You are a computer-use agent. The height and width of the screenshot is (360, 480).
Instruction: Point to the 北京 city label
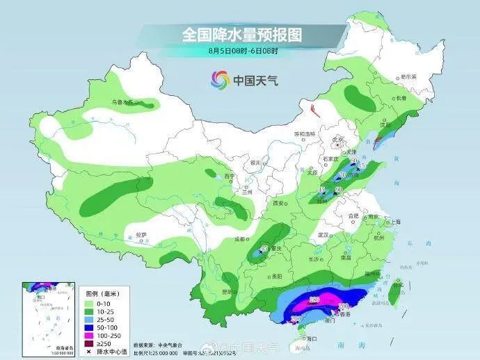[x=339, y=139]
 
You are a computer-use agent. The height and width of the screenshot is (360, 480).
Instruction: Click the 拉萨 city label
[x=142, y=235]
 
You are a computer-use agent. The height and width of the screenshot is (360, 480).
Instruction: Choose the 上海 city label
[x=395, y=222]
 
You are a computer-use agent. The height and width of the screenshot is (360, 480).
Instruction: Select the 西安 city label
[x=280, y=203]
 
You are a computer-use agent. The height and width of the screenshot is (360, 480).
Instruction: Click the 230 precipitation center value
[x=314, y=300]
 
